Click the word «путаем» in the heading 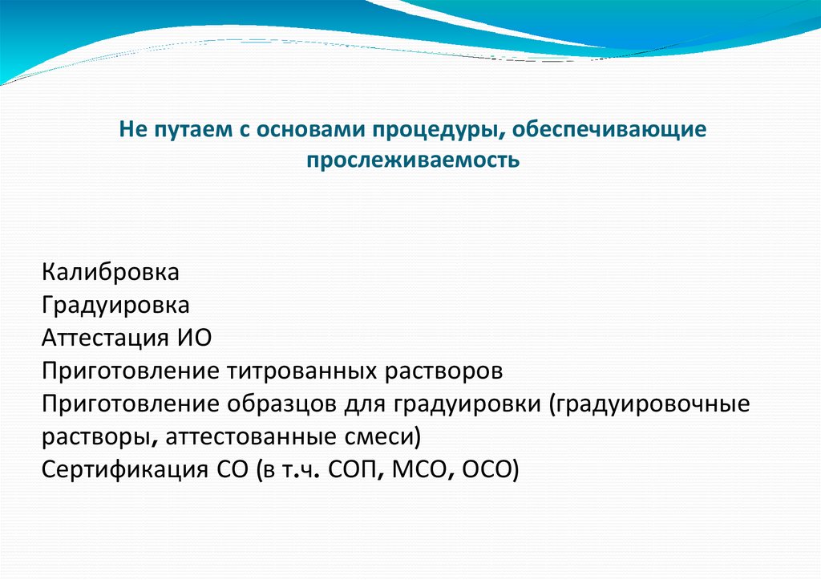[182, 129]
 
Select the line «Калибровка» [111, 272]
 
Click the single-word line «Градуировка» [116, 305]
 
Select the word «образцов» [273, 404]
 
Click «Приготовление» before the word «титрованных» [131, 371]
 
